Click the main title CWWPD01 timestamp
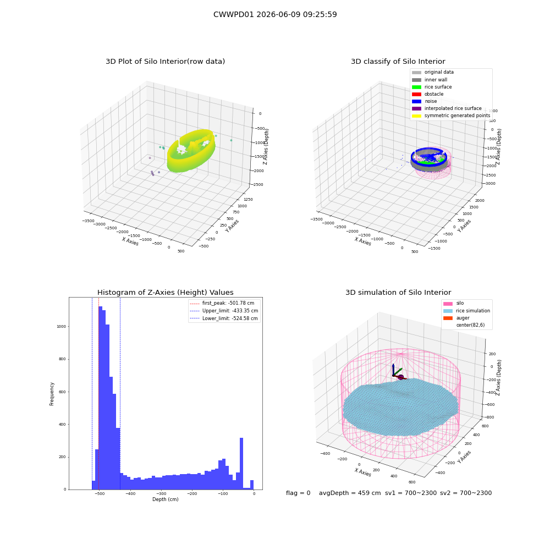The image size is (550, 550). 275,14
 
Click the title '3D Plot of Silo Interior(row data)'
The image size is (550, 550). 165,62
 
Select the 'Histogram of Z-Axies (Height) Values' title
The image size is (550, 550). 165,293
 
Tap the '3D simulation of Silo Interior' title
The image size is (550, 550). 398,293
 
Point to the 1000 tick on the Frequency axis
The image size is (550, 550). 62,327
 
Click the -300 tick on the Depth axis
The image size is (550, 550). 161,493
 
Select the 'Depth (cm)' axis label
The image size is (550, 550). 165,499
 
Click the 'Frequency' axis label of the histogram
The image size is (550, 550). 52,394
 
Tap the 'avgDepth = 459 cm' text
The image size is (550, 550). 350,493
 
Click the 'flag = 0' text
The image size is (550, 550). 298,493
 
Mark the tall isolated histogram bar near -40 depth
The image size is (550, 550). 241,463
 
